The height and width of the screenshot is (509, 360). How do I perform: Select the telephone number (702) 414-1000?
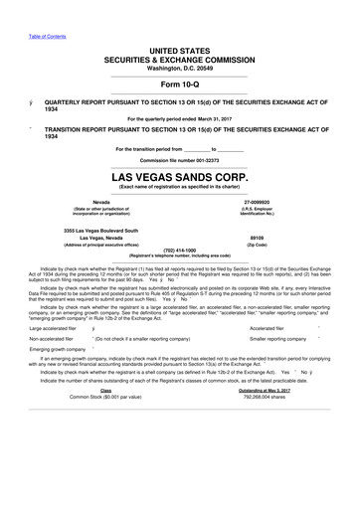click(x=179, y=250)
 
